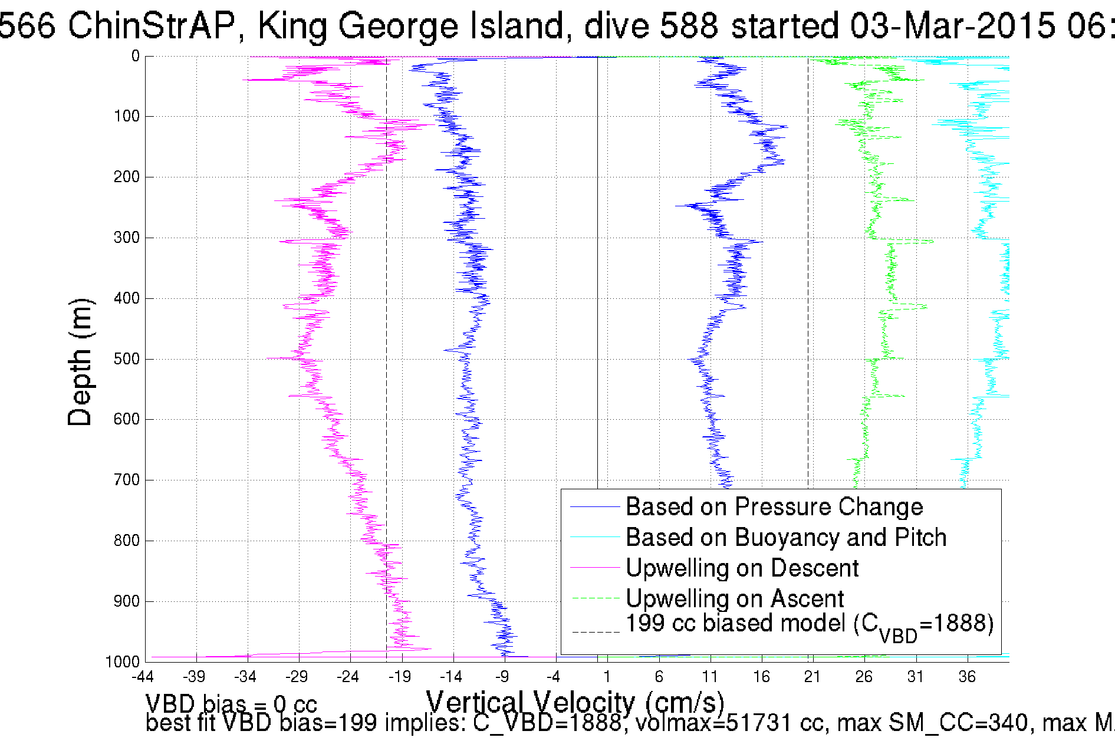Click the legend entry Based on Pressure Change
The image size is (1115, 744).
coord(774,507)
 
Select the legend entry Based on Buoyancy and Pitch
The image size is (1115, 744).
coord(785,538)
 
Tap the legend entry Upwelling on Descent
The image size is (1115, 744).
coord(742,568)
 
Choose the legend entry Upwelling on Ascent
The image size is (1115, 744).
coord(735,599)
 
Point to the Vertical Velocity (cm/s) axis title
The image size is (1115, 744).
coord(575,703)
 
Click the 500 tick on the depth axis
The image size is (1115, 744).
coord(126,359)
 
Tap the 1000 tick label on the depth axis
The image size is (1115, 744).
coord(123,662)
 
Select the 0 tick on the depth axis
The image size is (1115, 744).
coord(136,57)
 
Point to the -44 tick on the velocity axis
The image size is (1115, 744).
coord(142,677)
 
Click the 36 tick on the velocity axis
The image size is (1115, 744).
coord(967,677)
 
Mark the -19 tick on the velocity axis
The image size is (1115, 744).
coord(399,677)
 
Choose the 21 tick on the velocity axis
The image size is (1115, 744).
coord(813,677)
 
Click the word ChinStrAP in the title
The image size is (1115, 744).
coord(152,25)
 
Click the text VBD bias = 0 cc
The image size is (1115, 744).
coord(231,705)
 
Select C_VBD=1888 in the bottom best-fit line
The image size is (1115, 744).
coord(547,723)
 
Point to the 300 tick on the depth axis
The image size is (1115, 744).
coord(126,238)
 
